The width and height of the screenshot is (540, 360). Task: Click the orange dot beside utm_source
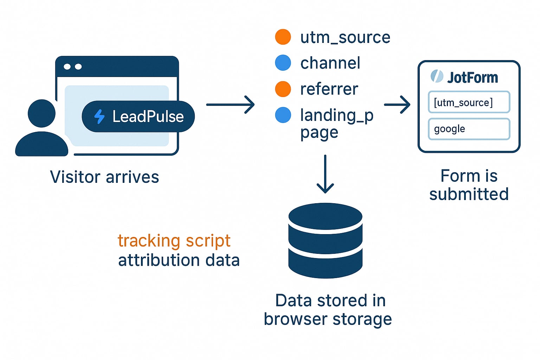(x=283, y=37)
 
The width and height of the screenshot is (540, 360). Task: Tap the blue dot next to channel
(x=283, y=63)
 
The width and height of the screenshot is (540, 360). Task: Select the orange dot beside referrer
(x=283, y=89)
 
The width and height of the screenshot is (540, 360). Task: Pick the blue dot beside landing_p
(x=283, y=115)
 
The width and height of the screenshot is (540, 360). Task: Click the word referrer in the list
(x=329, y=89)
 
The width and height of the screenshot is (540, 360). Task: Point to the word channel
(x=330, y=63)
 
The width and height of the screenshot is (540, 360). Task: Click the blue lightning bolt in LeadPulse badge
(x=100, y=117)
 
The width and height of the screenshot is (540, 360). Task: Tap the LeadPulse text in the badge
(x=148, y=117)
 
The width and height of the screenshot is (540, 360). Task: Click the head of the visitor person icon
(x=41, y=113)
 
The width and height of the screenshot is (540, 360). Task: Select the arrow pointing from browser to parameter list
(x=230, y=104)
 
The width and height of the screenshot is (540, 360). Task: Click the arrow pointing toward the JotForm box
(x=397, y=104)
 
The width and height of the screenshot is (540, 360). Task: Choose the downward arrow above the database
(x=325, y=174)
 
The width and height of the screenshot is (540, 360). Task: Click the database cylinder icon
(x=325, y=241)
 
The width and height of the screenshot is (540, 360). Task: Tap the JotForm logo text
(x=472, y=77)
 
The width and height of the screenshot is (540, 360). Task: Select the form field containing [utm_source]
(x=469, y=102)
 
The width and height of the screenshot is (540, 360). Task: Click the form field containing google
(x=469, y=129)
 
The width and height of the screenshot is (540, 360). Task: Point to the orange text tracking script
(x=174, y=241)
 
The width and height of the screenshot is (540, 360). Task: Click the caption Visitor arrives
(x=104, y=177)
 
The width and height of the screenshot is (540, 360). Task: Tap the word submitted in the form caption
(x=469, y=194)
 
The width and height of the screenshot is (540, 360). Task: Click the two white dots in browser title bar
(x=73, y=66)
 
